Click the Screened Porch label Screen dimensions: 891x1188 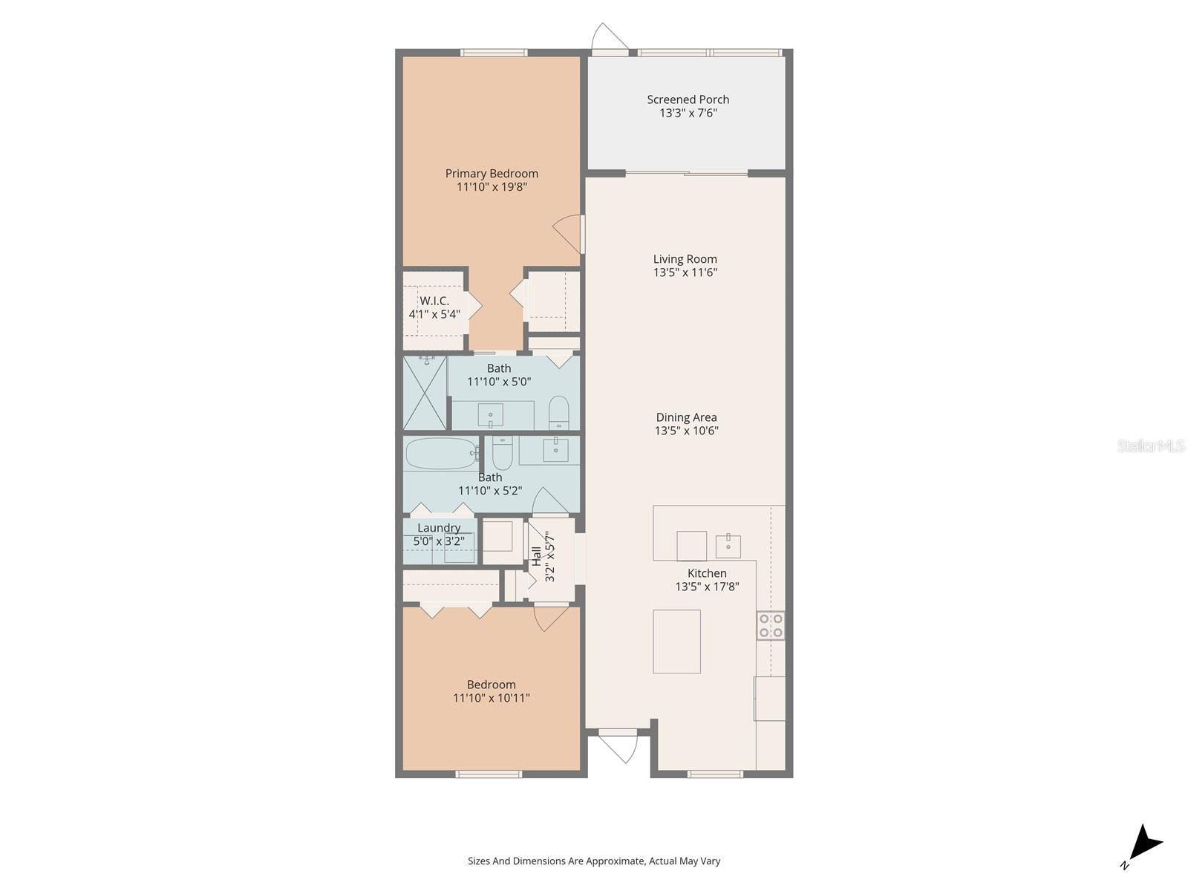point(688,99)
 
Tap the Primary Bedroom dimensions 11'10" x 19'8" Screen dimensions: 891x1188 point(492,187)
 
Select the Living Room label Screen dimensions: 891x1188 point(685,259)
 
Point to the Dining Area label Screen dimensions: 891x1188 point(686,417)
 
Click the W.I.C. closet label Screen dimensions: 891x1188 point(434,301)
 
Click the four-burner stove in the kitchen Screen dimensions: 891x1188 point(771,625)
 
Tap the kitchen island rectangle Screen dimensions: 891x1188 point(676,642)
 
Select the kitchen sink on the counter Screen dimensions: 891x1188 point(728,546)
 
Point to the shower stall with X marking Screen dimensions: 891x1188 point(425,393)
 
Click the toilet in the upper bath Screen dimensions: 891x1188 point(558,413)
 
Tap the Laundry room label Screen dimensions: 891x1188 point(438,528)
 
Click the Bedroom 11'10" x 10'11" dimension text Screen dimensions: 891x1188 point(491,698)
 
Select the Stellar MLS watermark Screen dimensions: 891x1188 point(1151,446)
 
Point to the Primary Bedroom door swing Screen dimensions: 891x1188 point(569,233)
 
